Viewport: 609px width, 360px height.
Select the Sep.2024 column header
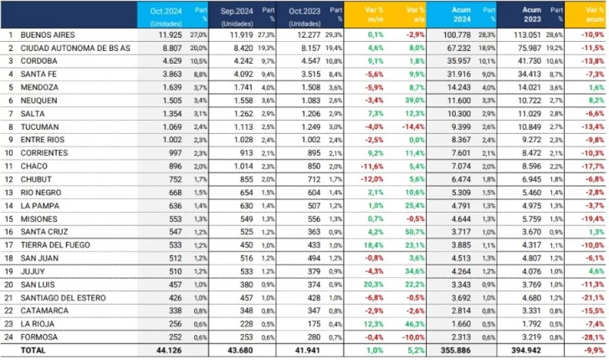click(232, 14)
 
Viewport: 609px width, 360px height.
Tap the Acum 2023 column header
click(514, 14)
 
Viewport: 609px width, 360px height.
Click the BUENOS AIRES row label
click(48, 35)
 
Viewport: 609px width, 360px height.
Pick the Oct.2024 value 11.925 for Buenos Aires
click(170, 35)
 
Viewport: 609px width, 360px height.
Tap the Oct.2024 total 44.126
click(169, 348)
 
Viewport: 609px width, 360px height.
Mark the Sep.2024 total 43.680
click(241, 348)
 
